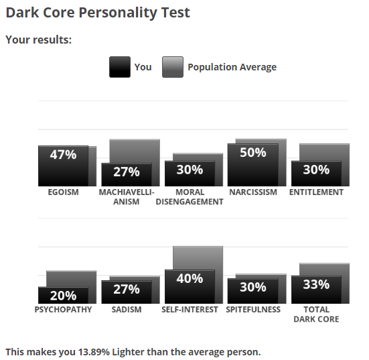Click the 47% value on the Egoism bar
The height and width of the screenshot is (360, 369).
63,155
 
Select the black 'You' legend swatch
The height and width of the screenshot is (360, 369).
120,67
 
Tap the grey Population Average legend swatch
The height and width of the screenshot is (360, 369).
173,67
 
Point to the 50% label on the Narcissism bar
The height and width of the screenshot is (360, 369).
253,152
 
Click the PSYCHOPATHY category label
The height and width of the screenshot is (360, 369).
63,309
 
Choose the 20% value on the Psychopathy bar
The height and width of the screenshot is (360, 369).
63,296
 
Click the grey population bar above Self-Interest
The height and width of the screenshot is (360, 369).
198,258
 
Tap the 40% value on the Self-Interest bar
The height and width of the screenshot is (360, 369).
190,278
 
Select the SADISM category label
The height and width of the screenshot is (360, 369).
127,309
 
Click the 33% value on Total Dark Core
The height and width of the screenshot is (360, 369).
316,284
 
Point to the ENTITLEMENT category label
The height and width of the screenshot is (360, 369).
316,192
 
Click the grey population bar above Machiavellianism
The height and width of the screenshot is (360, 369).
135,151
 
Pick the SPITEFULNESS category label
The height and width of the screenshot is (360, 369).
253,309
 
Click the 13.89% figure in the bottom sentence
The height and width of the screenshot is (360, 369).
94,352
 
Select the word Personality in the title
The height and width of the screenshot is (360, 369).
118,13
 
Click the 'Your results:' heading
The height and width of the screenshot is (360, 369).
39,40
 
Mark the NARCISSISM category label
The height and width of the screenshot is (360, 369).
253,192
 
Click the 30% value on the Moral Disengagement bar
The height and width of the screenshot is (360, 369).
190,170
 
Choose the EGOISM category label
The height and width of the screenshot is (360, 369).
64,192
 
